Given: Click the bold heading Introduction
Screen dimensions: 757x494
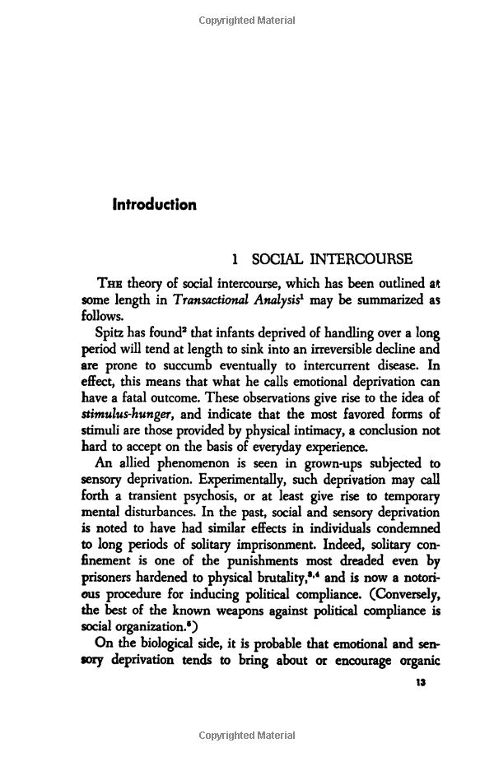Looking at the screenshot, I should pyautogui.click(x=154, y=204).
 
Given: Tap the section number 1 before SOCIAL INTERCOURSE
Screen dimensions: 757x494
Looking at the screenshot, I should pyautogui.click(x=236, y=261).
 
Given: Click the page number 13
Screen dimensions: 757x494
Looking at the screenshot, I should pyautogui.click(x=422, y=683).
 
